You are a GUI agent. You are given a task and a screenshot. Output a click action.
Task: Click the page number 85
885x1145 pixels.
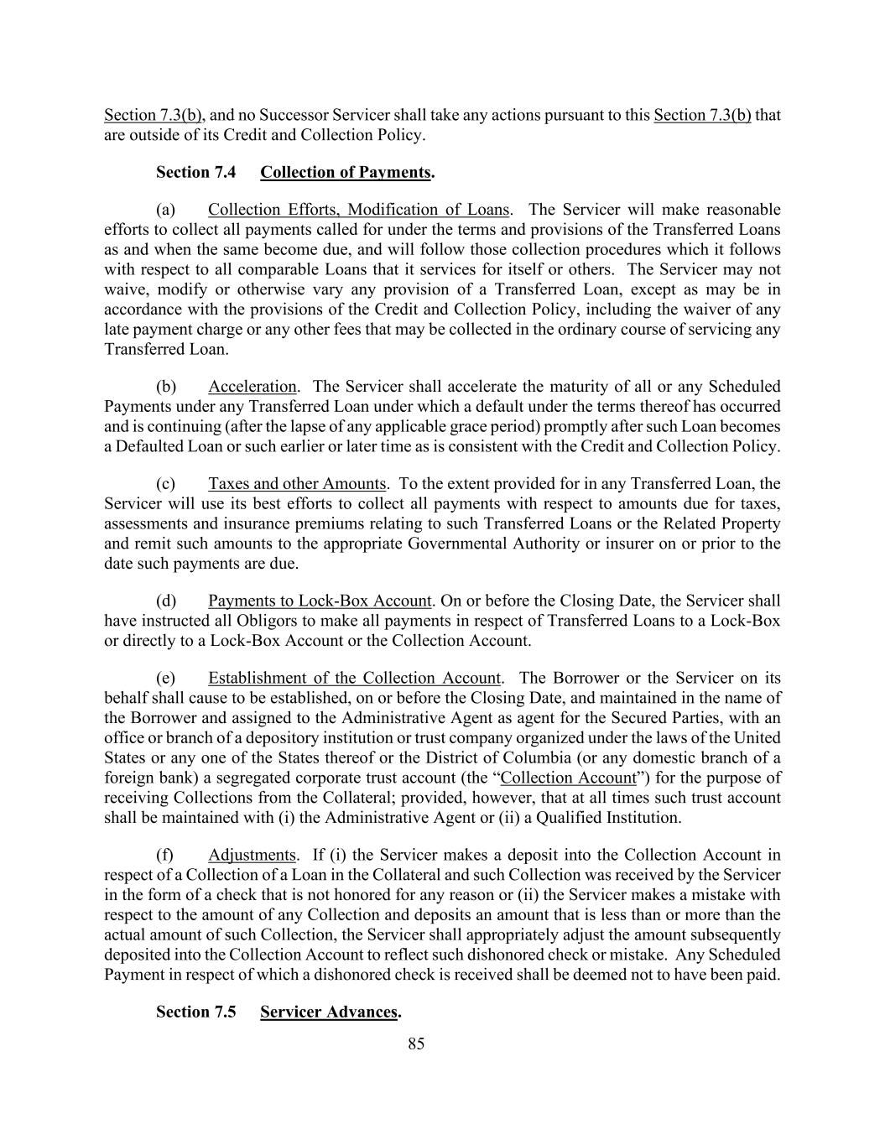416,1044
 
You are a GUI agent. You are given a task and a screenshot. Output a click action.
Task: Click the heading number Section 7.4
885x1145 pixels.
195,172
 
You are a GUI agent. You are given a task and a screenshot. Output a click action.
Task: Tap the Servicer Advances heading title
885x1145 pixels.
328,1012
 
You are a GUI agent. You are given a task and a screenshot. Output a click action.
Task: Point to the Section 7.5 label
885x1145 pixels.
195,1012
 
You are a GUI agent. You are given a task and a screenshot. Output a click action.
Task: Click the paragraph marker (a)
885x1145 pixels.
165,209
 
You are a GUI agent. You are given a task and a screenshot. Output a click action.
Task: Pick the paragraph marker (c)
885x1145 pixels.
165,483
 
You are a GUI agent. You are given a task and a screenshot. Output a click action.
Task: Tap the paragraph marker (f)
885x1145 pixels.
164,855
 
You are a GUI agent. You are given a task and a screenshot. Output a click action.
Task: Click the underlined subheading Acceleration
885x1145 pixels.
252,386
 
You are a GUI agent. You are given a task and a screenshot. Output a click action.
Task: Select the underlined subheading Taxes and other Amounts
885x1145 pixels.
297,483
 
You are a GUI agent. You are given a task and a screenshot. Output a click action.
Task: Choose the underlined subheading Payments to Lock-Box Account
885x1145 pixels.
320,601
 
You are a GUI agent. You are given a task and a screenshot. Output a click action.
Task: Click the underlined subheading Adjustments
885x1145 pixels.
252,855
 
